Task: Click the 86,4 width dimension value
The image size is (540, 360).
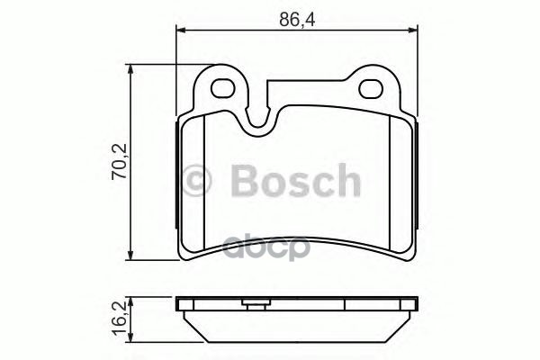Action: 297,20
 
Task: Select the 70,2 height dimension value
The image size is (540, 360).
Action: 120,161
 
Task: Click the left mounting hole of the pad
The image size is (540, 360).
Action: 223,88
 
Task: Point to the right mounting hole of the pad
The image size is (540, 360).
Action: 371,88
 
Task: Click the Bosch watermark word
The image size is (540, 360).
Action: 295,181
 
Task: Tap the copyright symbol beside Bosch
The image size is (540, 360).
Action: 195,181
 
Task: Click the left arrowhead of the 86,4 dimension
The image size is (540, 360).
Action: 181,31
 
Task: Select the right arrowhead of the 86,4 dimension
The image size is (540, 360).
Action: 413,31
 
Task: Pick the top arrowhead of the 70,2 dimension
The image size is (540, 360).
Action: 130,69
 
